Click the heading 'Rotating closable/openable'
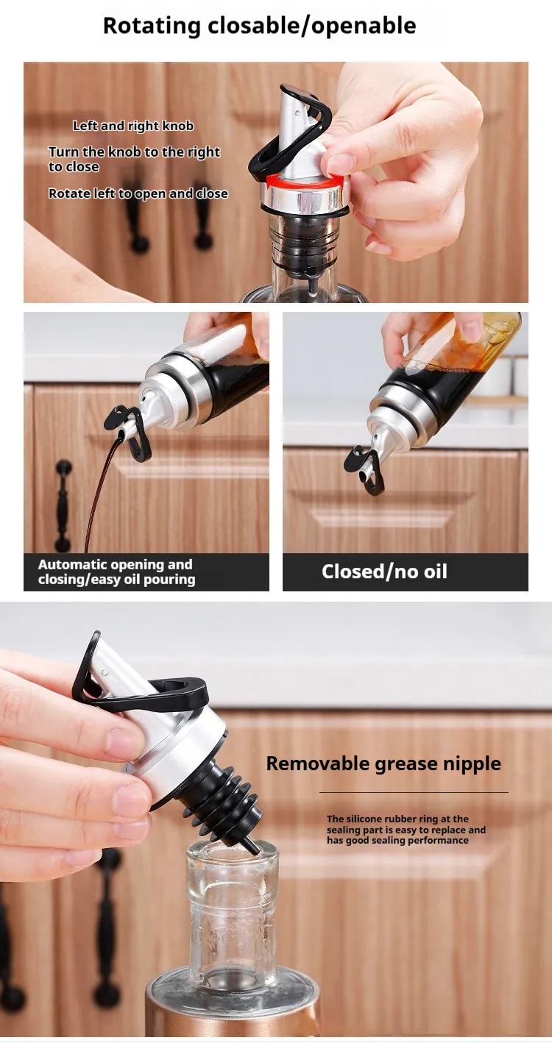260,26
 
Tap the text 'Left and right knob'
133,126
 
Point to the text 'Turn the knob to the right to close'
134,159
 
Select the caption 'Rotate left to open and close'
138,193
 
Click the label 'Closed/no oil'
384,572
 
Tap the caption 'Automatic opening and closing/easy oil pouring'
116,572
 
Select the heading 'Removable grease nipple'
383,763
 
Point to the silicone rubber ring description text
406,829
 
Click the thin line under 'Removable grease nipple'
414,792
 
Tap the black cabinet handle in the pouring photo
63,505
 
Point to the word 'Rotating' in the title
152,26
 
